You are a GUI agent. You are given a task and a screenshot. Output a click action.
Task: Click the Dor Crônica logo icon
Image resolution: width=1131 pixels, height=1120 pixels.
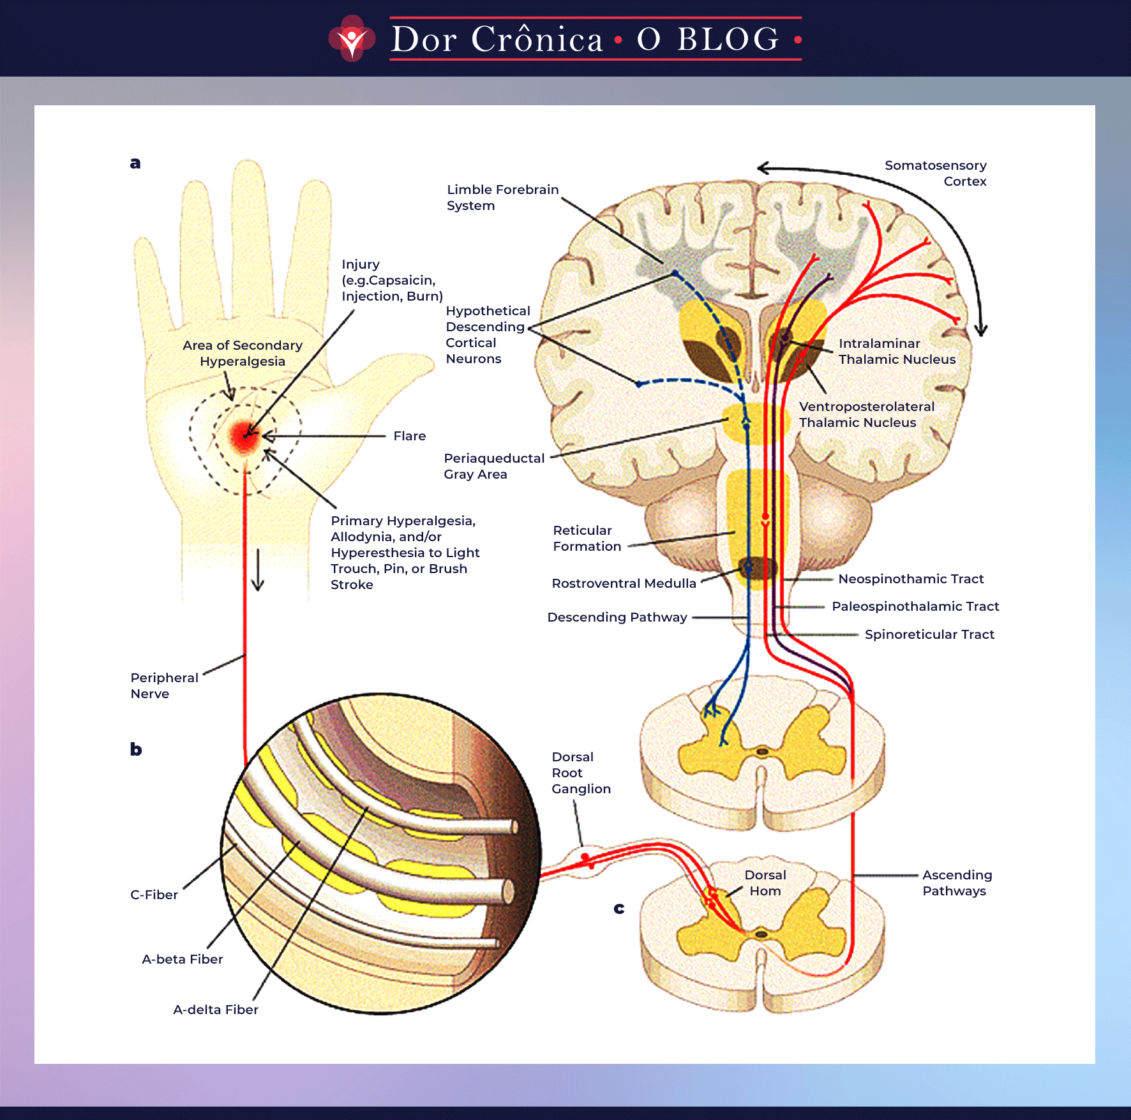pyautogui.click(x=352, y=39)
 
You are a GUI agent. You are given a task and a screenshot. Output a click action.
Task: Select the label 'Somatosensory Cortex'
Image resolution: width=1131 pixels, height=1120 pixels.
pyautogui.click(x=935, y=173)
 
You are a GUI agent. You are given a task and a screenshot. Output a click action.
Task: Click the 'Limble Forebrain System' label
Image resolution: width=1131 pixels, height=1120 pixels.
pyautogui.click(x=502, y=197)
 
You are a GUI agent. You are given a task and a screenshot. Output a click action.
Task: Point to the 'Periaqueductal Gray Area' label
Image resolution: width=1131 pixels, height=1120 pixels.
pyautogui.click(x=493, y=466)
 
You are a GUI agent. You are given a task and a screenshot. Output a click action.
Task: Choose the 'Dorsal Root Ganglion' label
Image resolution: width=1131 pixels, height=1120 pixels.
pyautogui.click(x=580, y=772)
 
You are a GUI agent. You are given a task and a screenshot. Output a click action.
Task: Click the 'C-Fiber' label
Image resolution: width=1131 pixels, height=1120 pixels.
pyautogui.click(x=154, y=895)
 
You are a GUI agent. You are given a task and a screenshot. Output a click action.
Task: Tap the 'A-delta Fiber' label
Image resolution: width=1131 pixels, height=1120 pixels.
pyautogui.click(x=216, y=1010)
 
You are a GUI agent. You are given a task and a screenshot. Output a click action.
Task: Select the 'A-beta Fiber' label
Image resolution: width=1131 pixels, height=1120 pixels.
pyautogui.click(x=183, y=959)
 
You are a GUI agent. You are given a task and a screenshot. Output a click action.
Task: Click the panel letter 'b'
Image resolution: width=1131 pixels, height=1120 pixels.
pyautogui.click(x=136, y=749)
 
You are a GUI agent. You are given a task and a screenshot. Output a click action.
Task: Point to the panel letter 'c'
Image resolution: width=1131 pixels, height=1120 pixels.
pyautogui.click(x=619, y=908)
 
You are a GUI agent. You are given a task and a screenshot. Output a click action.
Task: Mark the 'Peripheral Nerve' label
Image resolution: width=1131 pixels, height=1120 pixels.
pyautogui.click(x=164, y=685)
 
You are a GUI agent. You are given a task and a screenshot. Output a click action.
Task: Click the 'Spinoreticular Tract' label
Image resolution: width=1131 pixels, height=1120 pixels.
pyautogui.click(x=929, y=634)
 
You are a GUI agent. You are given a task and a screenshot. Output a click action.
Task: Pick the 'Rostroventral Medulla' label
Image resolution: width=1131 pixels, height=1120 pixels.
pyautogui.click(x=624, y=583)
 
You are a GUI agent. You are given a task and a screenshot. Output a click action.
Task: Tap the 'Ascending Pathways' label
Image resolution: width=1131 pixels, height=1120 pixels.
pyautogui.click(x=957, y=883)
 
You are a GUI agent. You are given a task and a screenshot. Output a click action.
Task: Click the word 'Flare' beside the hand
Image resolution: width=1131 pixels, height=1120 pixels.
pyautogui.click(x=409, y=436)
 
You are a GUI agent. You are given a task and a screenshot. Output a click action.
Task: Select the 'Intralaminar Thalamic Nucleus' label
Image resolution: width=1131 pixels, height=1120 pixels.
pyautogui.click(x=897, y=351)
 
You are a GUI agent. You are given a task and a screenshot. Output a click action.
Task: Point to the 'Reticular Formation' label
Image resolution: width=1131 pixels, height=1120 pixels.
pyautogui.click(x=587, y=538)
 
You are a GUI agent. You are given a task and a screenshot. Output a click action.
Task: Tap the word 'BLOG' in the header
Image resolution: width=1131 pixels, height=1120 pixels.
pyautogui.click(x=728, y=40)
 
